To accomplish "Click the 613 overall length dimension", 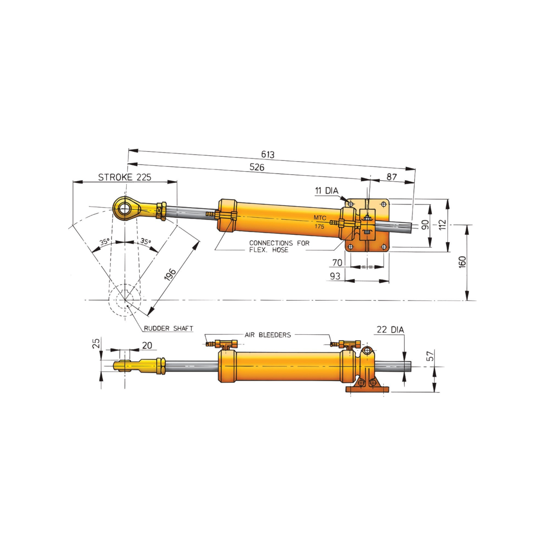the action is point(267,154).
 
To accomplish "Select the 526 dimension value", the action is point(257,167).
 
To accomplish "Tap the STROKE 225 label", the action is point(124,177).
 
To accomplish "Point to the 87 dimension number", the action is point(391,177).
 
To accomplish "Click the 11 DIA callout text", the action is point(327,191).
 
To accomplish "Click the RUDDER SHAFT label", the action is point(168,328).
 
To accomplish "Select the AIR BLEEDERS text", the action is point(268,335).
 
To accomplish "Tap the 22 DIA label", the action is point(390,329).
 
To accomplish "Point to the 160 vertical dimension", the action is point(462,262).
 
